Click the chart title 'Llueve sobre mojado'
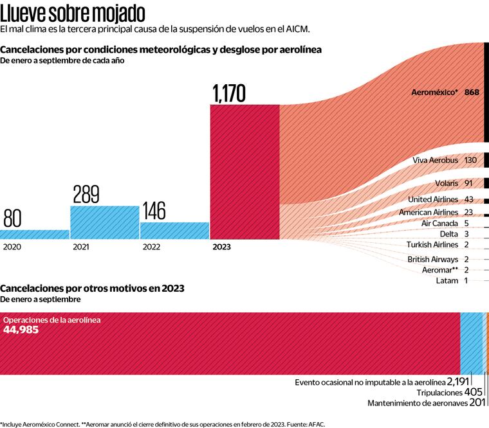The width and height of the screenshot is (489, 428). (x=72, y=13)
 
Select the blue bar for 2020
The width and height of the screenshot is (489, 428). (x=35, y=235)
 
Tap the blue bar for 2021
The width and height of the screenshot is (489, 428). (x=104, y=222)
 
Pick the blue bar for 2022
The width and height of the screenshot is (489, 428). (x=174, y=231)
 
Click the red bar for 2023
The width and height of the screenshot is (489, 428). (x=244, y=172)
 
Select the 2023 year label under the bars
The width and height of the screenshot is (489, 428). (x=220, y=247)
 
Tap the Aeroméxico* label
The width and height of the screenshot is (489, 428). (x=435, y=93)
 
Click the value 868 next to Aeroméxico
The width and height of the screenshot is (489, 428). (x=472, y=93)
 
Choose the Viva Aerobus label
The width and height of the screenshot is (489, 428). (x=434, y=160)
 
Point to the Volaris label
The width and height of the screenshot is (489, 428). (x=446, y=183)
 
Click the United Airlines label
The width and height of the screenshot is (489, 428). (x=433, y=200)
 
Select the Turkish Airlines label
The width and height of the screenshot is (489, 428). (x=432, y=244)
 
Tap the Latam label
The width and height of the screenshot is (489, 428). (x=447, y=280)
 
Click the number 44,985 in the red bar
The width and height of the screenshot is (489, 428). (x=21, y=330)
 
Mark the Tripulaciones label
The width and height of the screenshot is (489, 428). (x=439, y=392)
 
